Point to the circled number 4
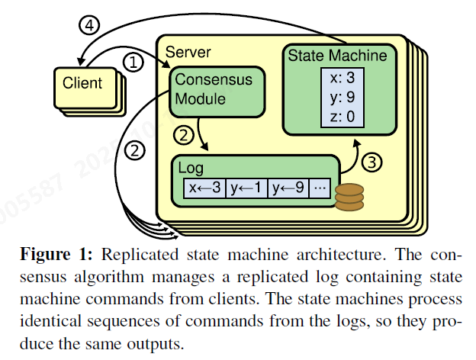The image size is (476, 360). [x=90, y=25]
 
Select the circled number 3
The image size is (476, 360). [x=368, y=162]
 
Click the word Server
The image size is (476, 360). [x=188, y=53]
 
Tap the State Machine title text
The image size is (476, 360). [x=336, y=56]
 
